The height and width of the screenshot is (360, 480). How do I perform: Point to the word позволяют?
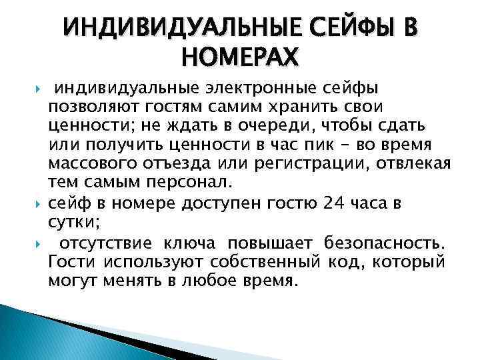(83, 107)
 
